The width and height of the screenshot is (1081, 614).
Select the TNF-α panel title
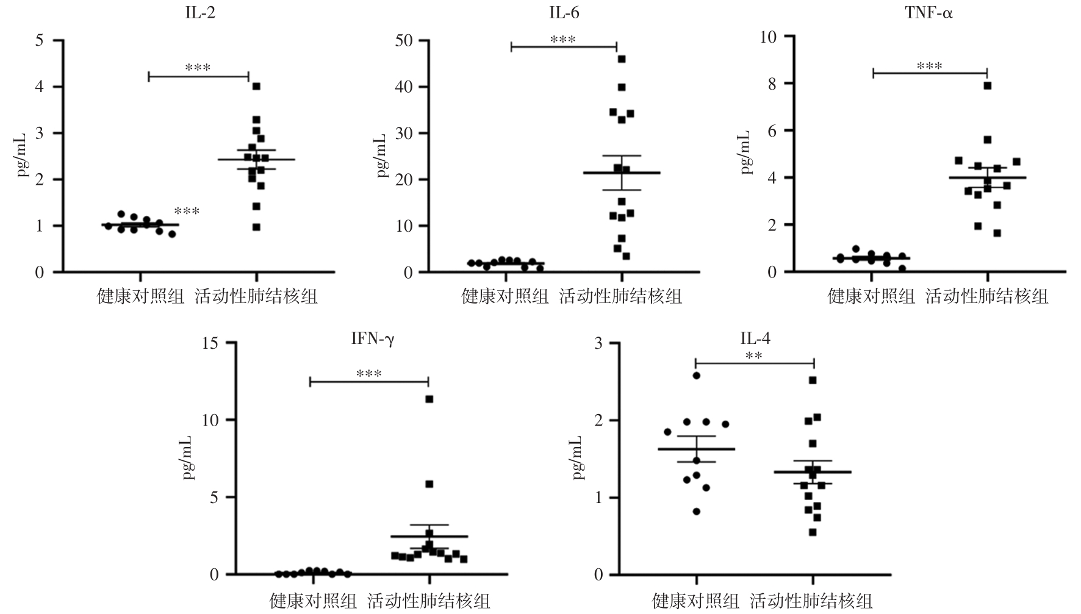[x=929, y=13]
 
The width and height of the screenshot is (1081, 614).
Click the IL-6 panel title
[x=564, y=13]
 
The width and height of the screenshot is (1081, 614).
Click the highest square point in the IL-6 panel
[x=622, y=59]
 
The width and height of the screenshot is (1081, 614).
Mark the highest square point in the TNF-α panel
[x=987, y=86]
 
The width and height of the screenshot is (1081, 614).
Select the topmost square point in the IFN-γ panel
[x=429, y=399]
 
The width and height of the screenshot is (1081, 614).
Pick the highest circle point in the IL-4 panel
[x=696, y=376]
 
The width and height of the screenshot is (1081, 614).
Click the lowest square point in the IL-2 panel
[x=256, y=227]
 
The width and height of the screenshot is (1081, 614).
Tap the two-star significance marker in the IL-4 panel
[x=753, y=356]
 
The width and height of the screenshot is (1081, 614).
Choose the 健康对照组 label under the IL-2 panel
[x=141, y=297]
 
